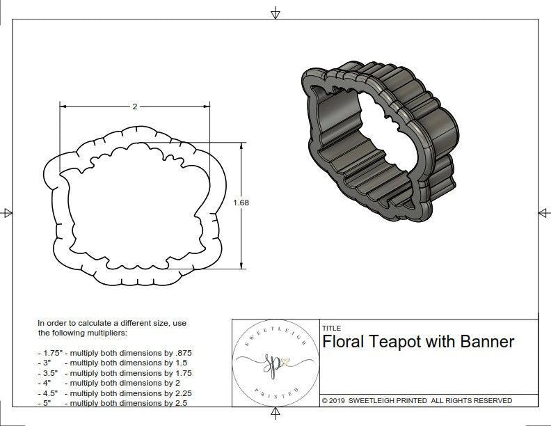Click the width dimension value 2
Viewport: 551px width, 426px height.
[x=134, y=106]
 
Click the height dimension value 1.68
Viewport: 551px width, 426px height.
[x=241, y=203]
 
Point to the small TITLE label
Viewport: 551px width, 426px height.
[x=331, y=328]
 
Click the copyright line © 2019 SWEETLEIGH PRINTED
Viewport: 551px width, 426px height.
[x=417, y=401]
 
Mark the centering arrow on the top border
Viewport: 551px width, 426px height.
[x=275, y=13]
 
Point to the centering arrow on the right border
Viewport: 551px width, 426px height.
[x=543, y=213]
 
